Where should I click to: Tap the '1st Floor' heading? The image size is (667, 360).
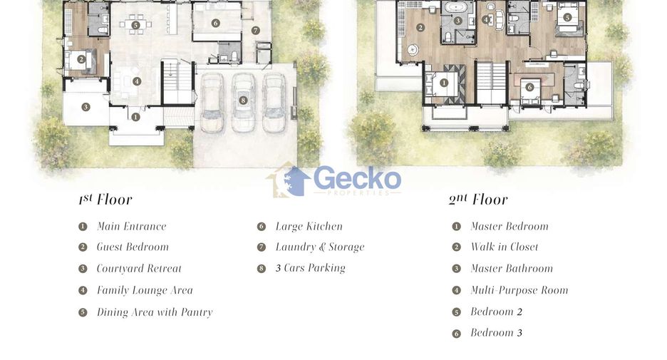pos(105,199)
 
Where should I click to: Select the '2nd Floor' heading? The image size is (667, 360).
pos(477,199)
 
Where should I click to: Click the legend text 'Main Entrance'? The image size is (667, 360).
pos(131,226)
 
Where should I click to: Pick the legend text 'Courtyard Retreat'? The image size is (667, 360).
pos(139,269)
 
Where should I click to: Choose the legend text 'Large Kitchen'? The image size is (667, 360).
pos(309,227)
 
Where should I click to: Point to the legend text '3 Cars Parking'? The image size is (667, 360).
pos(311,268)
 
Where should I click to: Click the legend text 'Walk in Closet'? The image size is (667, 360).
pos(504,247)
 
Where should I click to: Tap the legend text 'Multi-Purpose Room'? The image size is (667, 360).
pos(519,290)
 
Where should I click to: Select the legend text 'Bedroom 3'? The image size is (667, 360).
pos(496,333)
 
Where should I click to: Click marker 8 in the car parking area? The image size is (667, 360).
pos(243,101)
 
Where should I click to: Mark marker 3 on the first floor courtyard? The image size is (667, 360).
pos(86,107)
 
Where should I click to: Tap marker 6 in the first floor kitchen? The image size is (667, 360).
pos(216,23)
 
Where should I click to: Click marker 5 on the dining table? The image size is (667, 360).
pos(135,25)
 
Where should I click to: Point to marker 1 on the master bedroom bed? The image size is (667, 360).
pos(444,83)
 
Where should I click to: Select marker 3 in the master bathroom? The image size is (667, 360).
pos(457,21)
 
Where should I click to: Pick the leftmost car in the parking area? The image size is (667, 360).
pos(212,103)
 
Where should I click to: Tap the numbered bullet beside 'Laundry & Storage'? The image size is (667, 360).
pos(262,247)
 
